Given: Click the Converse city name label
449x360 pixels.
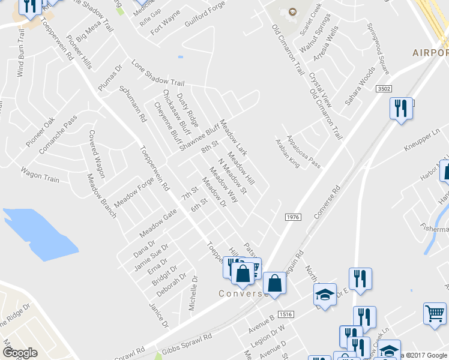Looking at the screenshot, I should [243, 293].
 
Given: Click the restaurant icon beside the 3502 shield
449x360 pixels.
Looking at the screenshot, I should [400, 109].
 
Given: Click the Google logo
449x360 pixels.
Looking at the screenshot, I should [20, 352].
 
